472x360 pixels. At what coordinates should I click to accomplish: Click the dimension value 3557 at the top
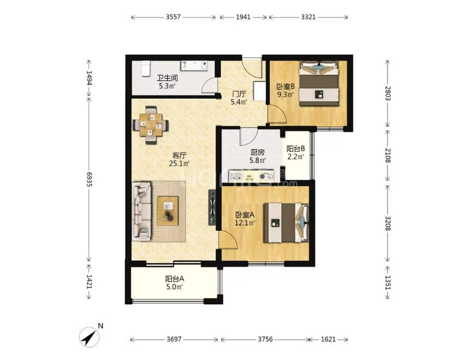click(x=173, y=17)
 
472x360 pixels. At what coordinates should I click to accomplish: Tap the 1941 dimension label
click(x=243, y=17)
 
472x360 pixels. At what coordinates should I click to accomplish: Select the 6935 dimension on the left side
click(x=89, y=179)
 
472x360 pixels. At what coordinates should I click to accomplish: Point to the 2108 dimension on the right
click(x=388, y=155)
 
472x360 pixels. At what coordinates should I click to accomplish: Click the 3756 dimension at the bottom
click(x=265, y=339)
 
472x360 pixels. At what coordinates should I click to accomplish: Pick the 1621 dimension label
click(x=328, y=339)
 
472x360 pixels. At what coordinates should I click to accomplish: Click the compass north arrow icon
click(x=89, y=337)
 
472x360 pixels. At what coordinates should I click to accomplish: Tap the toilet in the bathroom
click(x=146, y=68)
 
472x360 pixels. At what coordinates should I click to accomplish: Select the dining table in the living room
click(x=151, y=125)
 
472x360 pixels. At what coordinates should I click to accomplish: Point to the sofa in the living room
click(x=142, y=211)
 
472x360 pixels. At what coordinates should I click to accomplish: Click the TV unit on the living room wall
click(x=213, y=208)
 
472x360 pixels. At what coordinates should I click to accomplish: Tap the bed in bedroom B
click(x=318, y=83)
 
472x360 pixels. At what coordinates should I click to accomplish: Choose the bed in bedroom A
click(x=286, y=223)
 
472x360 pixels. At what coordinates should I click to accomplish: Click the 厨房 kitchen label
click(x=257, y=152)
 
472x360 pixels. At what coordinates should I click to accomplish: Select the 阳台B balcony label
click(x=295, y=148)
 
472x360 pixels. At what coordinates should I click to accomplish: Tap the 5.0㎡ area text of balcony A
click(x=174, y=287)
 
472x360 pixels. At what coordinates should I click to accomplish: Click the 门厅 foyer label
click(x=239, y=94)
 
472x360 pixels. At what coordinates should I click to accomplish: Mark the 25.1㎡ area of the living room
click(x=179, y=164)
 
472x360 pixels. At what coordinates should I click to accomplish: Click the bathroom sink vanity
click(x=194, y=65)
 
